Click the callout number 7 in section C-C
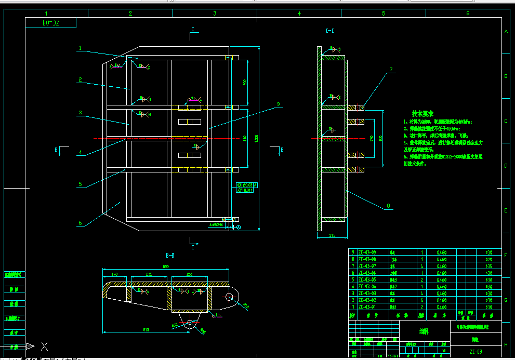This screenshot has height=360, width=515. click(391, 69)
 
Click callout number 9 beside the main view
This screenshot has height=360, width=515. click(278, 104)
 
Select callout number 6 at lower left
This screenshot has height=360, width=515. click(80, 223)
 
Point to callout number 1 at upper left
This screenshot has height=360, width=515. click(81, 48)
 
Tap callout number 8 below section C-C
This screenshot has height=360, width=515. click(388, 206)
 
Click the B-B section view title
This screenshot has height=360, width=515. click(170, 256)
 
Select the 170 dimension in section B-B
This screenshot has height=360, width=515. click(115, 274)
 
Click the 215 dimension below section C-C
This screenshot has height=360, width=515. click(332, 236)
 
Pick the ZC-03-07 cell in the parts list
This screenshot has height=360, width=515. click(366, 265)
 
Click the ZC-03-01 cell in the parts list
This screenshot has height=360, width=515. click(366, 306)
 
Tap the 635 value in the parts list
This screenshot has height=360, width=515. click(488, 265)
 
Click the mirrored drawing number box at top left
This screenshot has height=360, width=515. click(51, 23)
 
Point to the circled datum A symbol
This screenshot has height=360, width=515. click(239, 227)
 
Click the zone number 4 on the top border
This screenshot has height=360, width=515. click(299, 14)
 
